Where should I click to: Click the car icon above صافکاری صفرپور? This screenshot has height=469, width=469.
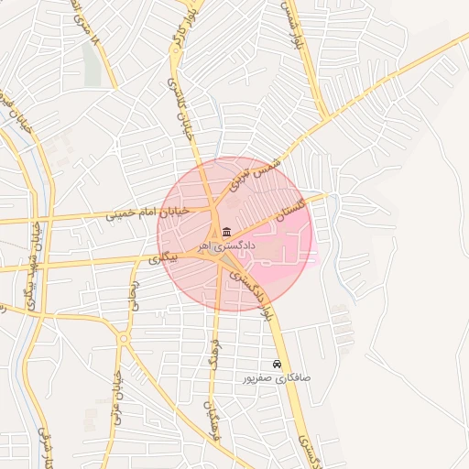[278, 364]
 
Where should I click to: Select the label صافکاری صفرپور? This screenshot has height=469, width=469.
[277, 377]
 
